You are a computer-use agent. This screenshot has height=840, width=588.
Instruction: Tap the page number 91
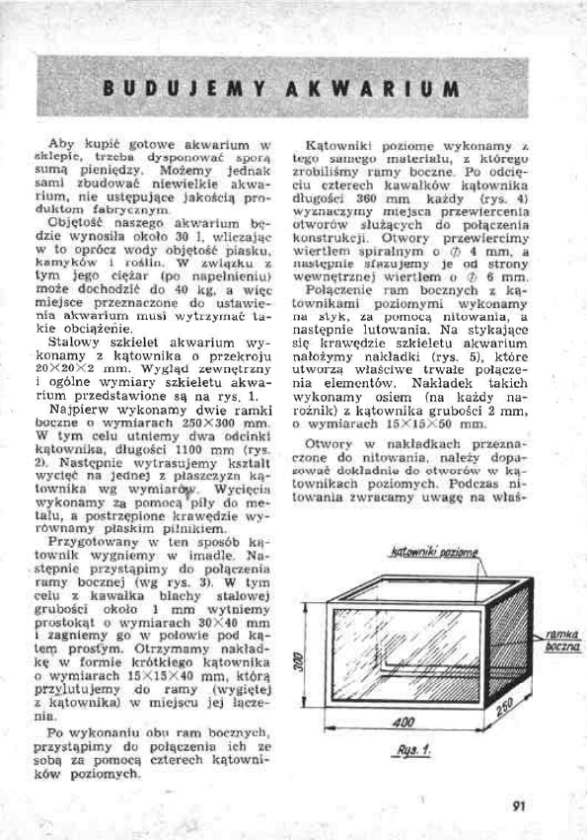[x=520, y=802]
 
